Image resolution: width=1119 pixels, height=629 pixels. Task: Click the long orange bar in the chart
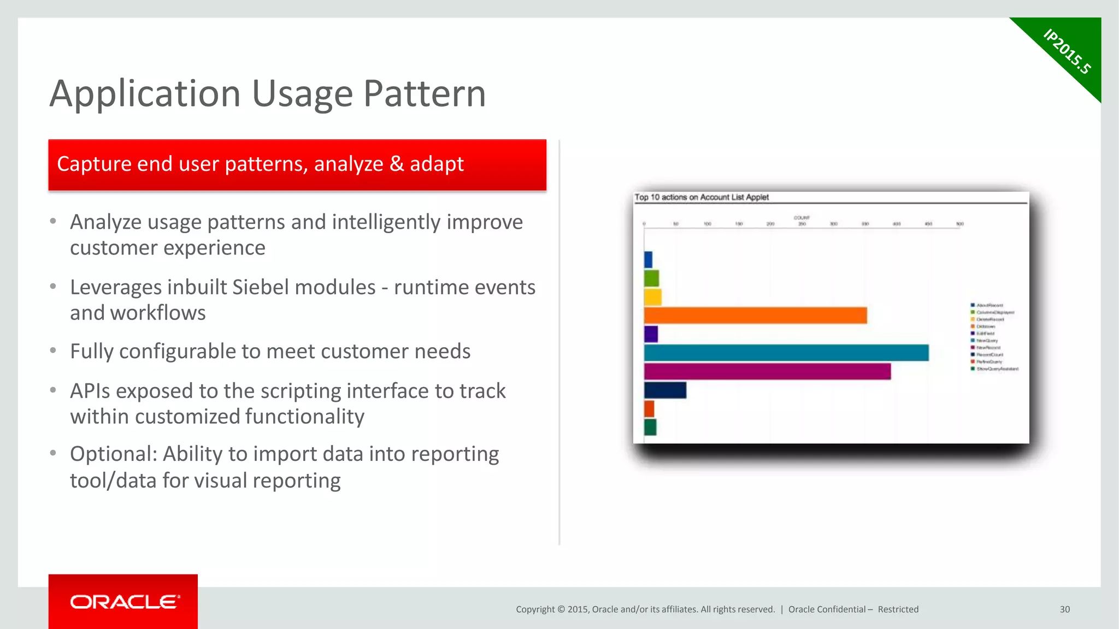[x=755, y=316]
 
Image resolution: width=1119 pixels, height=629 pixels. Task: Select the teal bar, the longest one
[x=786, y=353]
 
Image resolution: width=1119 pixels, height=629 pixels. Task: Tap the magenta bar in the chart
[x=767, y=371]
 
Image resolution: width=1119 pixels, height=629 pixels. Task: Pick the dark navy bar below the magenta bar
[x=665, y=390]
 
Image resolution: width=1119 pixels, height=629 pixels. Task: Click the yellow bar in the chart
[x=652, y=297]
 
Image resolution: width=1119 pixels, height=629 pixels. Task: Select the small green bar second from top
[x=651, y=278]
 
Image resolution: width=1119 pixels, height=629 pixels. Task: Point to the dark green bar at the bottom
[x=650, y=427]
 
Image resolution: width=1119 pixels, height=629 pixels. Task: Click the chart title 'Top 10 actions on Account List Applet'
[x=702, y=197]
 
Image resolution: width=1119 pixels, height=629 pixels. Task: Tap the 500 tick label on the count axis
[x=960, y=224]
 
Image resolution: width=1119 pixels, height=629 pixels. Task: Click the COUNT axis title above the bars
[x=802, y=217]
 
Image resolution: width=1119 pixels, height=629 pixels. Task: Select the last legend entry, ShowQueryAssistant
[x=997, y=369]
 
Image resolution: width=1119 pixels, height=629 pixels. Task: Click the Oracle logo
[x=124, y=602]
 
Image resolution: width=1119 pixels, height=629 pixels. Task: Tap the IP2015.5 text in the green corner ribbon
[x=1067, y=51]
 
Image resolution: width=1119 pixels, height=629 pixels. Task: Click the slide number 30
[x=1064, y=609]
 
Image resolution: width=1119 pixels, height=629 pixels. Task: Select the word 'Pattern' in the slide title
[x=424, y=94]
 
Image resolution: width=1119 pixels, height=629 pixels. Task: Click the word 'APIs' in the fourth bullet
[x=93, y=391]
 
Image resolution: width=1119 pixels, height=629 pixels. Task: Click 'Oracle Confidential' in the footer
[x=827, y=609]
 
